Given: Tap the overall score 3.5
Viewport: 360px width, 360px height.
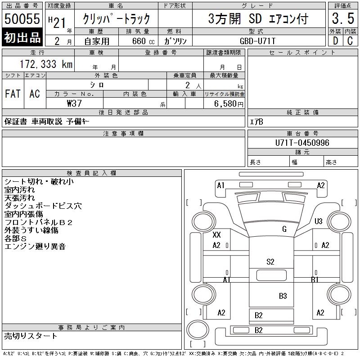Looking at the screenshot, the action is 343,19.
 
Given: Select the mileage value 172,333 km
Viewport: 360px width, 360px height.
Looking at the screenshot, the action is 46,64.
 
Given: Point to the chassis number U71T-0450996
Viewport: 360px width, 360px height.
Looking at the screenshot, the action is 302,143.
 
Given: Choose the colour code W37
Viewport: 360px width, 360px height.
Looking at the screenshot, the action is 74,103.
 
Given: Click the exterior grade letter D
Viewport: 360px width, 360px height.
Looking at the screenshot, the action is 335,40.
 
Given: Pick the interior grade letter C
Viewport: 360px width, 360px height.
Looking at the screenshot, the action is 350,40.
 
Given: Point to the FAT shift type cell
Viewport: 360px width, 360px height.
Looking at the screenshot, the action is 13,94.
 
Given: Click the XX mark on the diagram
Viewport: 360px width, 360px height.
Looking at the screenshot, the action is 216,235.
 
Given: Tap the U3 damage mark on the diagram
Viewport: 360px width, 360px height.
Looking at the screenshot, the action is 319,221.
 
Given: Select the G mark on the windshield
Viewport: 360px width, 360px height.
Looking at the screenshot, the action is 284,229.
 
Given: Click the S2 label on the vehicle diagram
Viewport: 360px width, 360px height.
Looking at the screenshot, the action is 270,261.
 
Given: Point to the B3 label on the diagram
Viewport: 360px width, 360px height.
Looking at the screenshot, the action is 283,296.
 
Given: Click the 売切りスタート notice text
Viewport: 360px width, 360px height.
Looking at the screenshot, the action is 31,336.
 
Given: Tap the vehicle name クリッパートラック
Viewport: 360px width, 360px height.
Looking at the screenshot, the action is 116,19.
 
